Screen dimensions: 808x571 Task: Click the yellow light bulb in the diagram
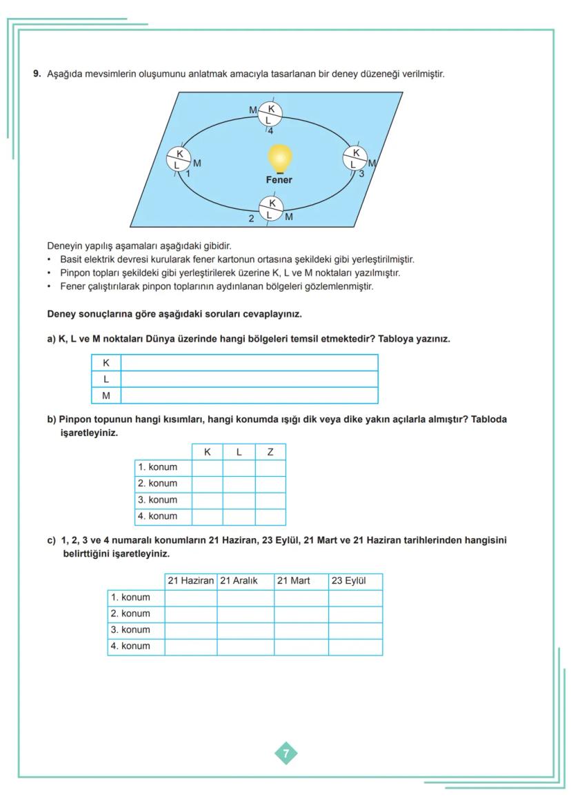point(279,158)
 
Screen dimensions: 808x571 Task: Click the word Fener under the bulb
point(279,180)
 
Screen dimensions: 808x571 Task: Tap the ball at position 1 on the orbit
point(179,159)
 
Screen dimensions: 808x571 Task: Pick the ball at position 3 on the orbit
point(355,158)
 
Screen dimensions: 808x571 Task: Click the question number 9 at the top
point(37,74)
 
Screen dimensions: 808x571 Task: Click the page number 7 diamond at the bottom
point(286,753)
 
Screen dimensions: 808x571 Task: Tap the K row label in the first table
point(106,363)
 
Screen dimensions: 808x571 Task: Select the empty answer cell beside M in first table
point(249,395)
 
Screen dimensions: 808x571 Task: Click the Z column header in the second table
point(270,452)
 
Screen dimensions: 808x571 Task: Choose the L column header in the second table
point(239,452)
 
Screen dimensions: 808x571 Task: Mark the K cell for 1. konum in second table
point(207,467)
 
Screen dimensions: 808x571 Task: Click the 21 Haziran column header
point(191,581)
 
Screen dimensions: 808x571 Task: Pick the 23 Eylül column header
point(354,581)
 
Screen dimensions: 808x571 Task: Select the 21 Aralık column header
point(245,581)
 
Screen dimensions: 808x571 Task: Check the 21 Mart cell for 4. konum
point(301,647)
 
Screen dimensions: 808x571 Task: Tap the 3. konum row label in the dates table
point(136,630)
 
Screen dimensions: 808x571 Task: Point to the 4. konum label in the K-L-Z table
point(163,516)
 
